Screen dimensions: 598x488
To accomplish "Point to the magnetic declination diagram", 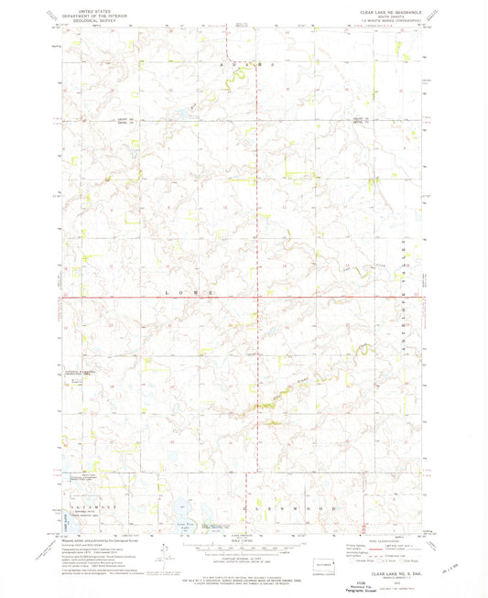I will point(162,551).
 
